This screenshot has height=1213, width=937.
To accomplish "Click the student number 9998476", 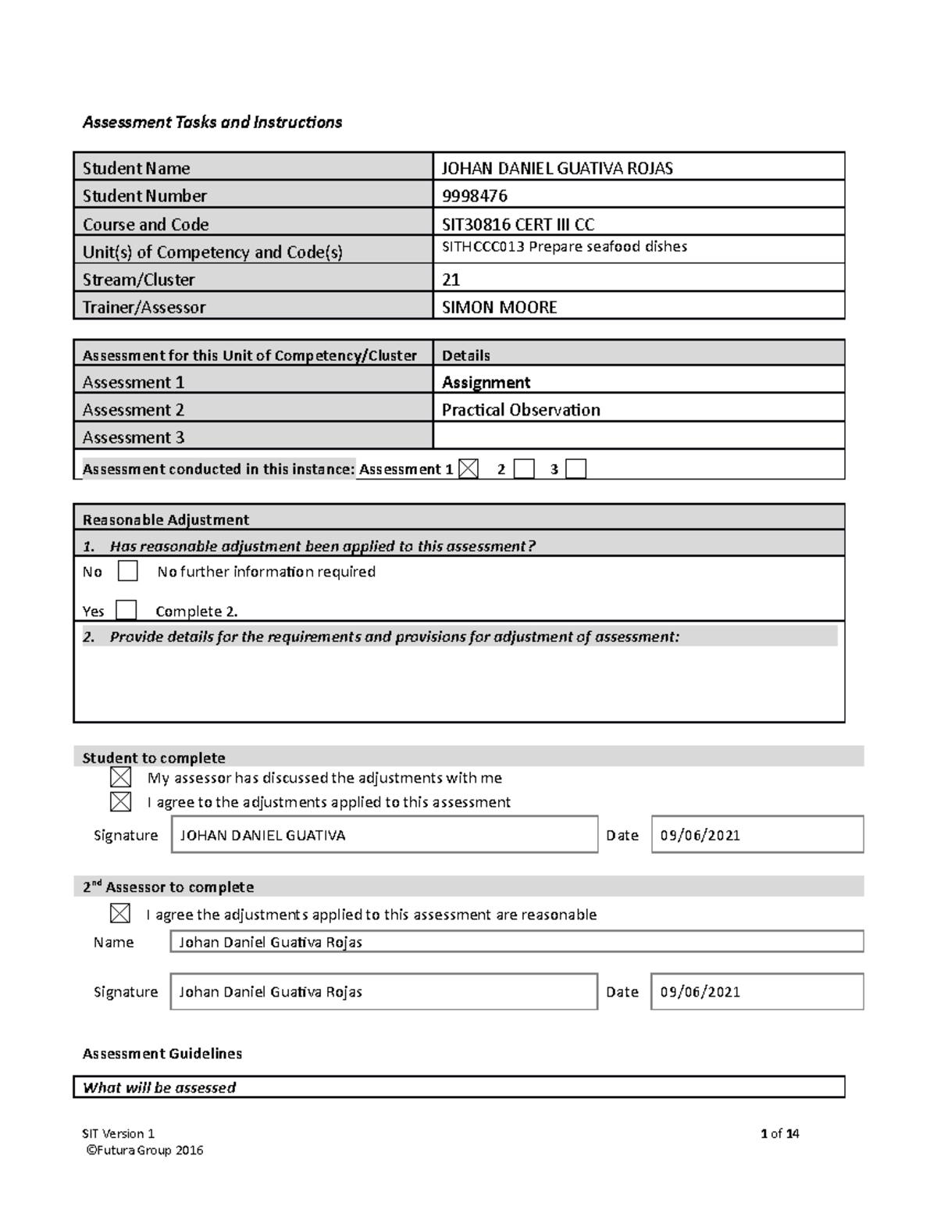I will tap(475, 196).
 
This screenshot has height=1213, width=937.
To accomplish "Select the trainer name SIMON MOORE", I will tap(500, 307).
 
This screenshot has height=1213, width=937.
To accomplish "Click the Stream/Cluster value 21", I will tap(451, 280).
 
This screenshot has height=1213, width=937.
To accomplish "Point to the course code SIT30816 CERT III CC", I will tap(518, 224).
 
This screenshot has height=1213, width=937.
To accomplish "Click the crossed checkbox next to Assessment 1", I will tap(468, 469).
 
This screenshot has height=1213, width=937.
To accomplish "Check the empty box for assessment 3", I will tap(575, 469).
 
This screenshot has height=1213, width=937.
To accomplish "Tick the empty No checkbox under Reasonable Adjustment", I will tap(128, 571).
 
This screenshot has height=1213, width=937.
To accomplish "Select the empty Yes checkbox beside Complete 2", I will tap(126, 610).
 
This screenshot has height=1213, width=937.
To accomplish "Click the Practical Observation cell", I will tap(521, 410).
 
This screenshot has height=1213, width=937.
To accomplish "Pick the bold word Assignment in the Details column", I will tap(486, 382).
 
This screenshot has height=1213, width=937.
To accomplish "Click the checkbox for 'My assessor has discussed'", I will tap(121, 777).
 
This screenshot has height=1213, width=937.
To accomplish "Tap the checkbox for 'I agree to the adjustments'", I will tap(121, 801).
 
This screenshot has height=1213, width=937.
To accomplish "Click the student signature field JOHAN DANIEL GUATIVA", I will tap(383, 835).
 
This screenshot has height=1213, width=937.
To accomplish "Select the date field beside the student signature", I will tap(757, 835).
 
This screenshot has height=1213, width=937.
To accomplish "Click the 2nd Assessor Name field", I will tap(516, 942).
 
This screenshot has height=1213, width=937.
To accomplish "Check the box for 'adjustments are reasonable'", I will tap(121, 914).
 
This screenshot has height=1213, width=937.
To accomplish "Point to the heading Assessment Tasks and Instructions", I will tap(212, 122).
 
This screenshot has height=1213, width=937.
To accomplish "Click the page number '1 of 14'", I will tap(779, 1133).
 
